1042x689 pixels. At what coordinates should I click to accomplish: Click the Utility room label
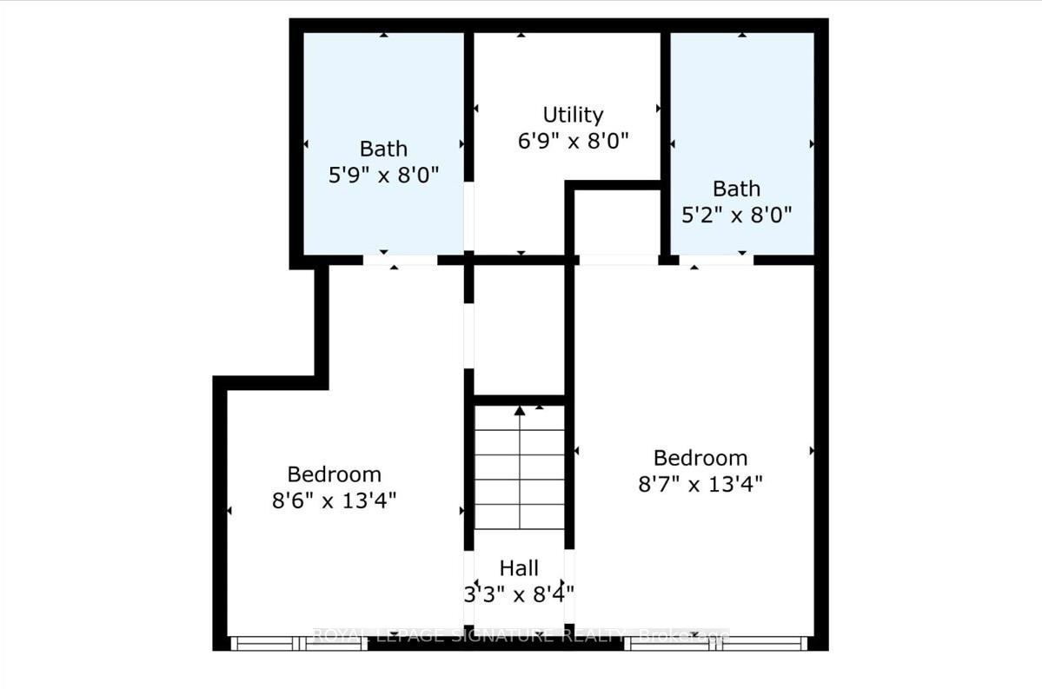(573, 115)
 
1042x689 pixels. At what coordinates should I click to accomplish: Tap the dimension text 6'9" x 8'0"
(573, 140)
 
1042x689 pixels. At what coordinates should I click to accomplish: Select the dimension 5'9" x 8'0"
(383, 174)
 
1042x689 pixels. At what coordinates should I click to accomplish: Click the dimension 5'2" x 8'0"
(736, 214)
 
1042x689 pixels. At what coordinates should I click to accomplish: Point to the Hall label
(519, 568)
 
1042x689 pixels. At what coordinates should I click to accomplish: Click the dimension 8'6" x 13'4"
(335, 500)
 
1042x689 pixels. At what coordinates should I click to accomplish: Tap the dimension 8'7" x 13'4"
(700, 484)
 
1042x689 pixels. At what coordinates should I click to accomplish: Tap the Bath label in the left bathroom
(383, 149)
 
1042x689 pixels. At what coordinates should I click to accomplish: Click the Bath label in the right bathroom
(736, 189)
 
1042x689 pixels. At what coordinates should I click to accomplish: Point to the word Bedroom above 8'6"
(335, 474)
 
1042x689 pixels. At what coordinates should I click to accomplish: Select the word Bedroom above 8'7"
(700, 458)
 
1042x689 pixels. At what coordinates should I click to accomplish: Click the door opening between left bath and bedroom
(400, 260)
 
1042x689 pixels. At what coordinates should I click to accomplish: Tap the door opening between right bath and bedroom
(716, 260)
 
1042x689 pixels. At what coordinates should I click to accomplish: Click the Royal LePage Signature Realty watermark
(520, 635)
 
